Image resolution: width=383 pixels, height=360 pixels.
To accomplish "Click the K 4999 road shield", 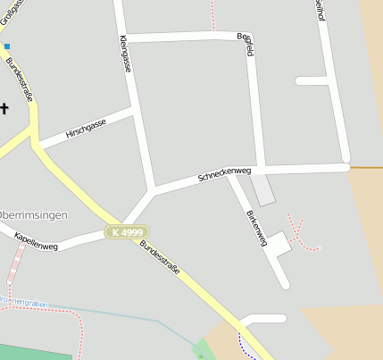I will coord(126,232).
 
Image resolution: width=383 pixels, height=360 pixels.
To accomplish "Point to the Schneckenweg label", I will coord(225,175).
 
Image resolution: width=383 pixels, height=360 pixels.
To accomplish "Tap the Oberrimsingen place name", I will coord(34,215).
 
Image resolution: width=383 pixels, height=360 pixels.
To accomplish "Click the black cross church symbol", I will coord(4,109).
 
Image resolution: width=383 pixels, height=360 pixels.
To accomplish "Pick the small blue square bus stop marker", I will coord(7,46).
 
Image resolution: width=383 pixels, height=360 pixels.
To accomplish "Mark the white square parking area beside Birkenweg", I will coord(278,243).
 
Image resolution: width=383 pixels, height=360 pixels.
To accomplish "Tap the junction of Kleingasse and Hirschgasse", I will coord(134,109).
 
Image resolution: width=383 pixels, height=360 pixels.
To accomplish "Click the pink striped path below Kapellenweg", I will coord(17,265).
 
